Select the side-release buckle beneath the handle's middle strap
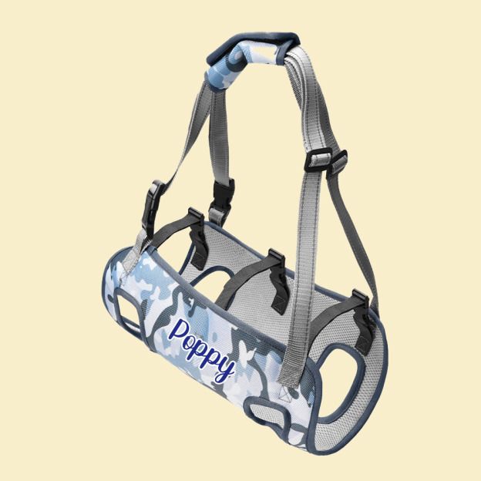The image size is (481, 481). coord(221,192)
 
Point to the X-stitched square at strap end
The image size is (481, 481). coord(288,395)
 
